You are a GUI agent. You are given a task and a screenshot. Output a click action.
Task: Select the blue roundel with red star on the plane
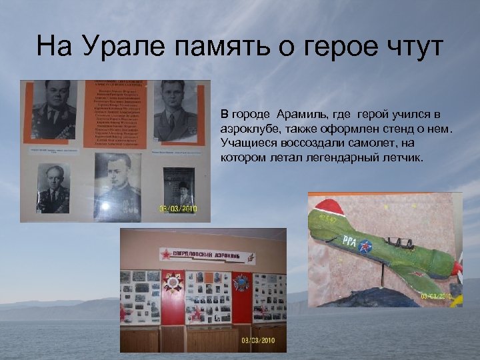click(x=365, y=248)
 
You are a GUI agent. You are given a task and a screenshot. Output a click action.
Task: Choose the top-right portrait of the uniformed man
click(x=175, y=111)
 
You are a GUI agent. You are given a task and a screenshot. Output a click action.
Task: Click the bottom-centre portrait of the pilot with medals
click(x=119, y=187)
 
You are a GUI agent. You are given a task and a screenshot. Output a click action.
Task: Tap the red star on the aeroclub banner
click(x=166, y=254)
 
